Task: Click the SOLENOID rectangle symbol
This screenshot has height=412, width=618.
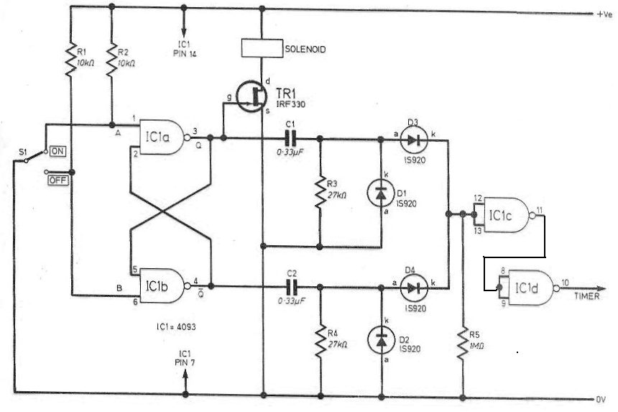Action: pyautogui.click(x=262, y=48)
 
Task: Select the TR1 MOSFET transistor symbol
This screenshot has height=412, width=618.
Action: pyautogui.click(x=252, y=96)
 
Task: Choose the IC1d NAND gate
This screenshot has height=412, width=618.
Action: pyautogui.click(x=531, y=288)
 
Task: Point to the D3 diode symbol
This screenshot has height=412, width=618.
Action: pyautogui.click(x=413, y=139)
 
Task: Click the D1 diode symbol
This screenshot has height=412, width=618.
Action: pyautogui.click(x=381, y=193)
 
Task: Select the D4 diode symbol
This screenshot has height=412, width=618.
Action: pyautogui.click(x=414, y=288)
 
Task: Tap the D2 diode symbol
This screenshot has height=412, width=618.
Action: pyautogui.click(x=381, y=340)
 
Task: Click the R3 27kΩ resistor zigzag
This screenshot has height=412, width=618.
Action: pyautogui.click(x=320, y=193)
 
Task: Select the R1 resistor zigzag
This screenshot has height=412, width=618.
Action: pyautogui.click(x=70, y=60)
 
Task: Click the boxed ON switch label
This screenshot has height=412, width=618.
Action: pyautogui.click(x=57, y=152)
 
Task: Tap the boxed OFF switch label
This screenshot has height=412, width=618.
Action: pyautogui.click(x=58, y=180)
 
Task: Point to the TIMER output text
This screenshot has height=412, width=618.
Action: pyautogui.click(x=586, y=296)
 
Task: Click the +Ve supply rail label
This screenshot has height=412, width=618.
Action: pyautogui.click(x=604, y=14)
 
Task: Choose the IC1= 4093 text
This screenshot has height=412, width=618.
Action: pyautogui.click(x=176, y=327)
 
